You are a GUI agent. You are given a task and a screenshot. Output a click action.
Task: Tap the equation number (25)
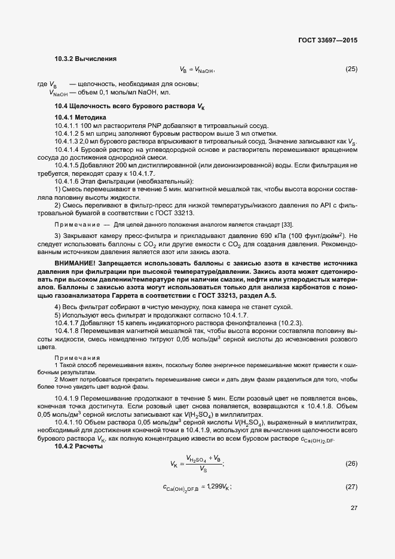(x=351, y=69)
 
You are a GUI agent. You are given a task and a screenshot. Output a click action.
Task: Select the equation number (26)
(x=351, y=464)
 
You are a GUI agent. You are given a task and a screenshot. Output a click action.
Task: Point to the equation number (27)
(x=351, y=487)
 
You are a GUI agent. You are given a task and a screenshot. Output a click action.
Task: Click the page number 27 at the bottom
(x=354, y=508)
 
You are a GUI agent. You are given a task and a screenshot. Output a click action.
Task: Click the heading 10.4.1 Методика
(x=80, y=117)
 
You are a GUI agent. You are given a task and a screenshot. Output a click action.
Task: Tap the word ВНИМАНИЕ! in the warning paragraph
(x=75, y=263)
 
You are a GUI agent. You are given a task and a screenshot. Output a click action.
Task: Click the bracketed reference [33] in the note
(x=288, y=224)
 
